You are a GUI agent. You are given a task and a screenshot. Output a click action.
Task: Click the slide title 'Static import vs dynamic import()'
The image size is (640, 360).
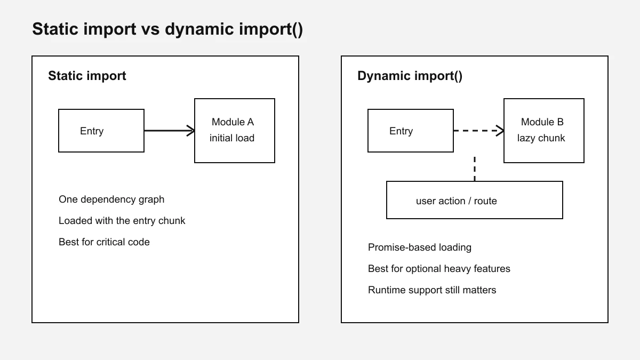[167, 29]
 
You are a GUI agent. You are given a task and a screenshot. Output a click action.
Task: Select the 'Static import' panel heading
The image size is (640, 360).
[87, 76]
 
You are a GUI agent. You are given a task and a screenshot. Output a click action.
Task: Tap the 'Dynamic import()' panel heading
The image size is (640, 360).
[410, 76]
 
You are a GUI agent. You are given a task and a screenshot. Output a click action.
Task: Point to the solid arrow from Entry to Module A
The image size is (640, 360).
[170, 131]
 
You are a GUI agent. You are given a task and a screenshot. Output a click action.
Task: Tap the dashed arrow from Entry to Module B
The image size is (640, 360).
[478, 131]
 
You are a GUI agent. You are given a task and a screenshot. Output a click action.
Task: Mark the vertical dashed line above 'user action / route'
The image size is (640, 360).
[475, 169]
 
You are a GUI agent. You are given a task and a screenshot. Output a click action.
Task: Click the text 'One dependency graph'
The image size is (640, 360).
[111, 199]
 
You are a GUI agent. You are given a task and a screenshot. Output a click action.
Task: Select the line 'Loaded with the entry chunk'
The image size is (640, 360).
[122, 221]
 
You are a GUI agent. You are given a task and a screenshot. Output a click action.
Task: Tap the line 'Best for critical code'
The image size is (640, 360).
[104, 242]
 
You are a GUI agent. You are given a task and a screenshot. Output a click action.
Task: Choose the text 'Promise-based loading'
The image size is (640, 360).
[419, 247]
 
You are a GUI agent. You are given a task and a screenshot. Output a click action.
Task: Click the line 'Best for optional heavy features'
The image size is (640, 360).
[439, 269]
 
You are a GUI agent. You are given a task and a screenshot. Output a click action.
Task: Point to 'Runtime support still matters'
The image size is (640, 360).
[432, 290]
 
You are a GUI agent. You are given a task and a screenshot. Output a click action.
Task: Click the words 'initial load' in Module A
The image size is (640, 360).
[231, 138]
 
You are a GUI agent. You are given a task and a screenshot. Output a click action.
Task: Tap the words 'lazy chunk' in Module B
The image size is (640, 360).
[541, 138]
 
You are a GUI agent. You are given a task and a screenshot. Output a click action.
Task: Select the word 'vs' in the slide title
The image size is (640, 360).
[150, 30]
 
